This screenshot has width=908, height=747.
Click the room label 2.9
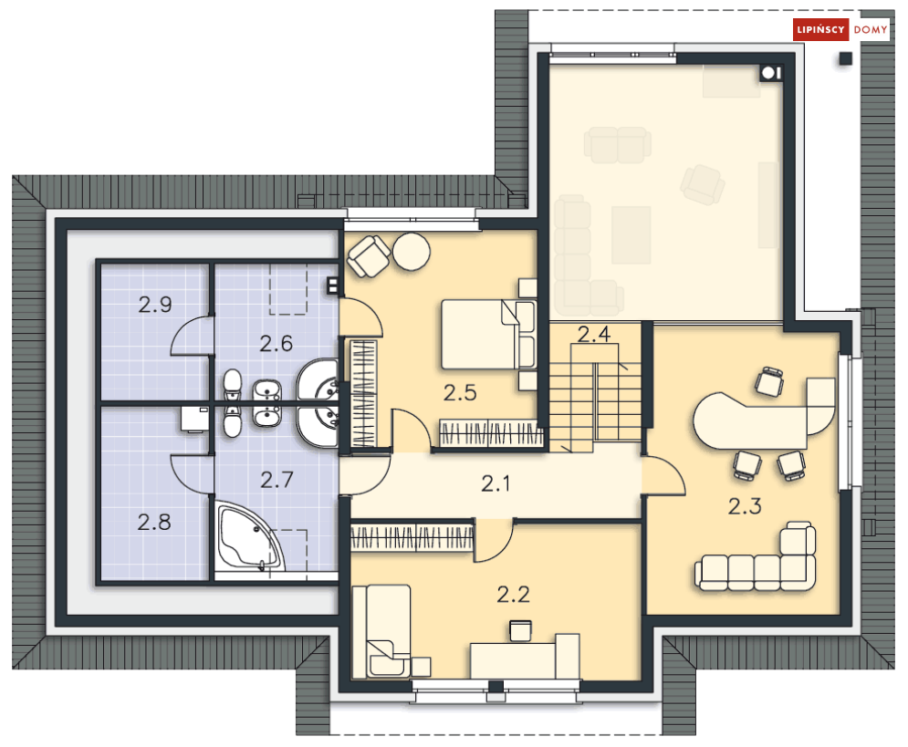click(x=155, y=305)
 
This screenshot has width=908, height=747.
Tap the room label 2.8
click(x=154, y=523)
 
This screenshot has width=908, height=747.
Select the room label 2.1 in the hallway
click(x=496, y=483)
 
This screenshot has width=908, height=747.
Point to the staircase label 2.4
click(x=594, y=334)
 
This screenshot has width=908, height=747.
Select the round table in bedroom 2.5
click(x=412, y=252)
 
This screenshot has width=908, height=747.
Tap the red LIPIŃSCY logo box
click(x=820, y=29)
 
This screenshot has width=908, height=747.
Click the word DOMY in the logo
click(x=870, y=29)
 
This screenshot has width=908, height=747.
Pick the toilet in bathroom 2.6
click(x=232, y=385)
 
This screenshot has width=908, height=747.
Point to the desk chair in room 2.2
click(x=520, y=630)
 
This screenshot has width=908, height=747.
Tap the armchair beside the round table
click(x=368, y=255)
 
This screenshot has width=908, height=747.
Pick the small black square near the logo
click(x=846, y=58)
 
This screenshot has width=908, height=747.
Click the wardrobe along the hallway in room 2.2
click(x=412, y=537)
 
